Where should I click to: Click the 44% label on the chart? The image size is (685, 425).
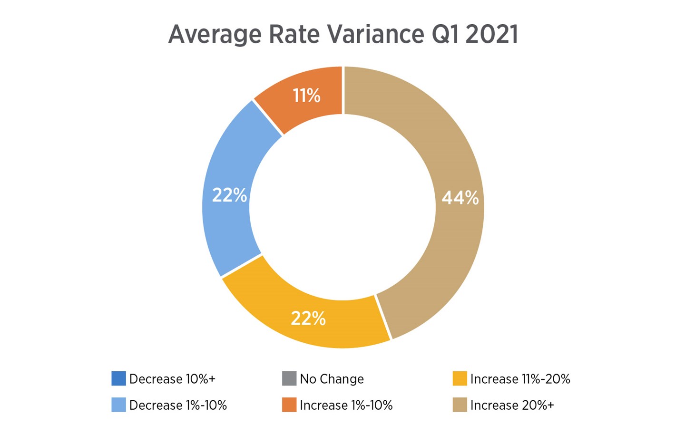pyautogui.click(x=460, y=198)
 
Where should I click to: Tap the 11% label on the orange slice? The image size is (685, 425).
pyautogui.click(x=306, y=96)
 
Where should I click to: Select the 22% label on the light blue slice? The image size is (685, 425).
pyautogui.click(x=229, y=195)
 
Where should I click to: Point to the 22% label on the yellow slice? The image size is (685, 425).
pyautogui.click(x=308, y=319)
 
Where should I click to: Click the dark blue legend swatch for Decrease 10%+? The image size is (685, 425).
pyautogui.click(x=118, y=379)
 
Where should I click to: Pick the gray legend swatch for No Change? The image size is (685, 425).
pyautogui.click(x=289, y=379)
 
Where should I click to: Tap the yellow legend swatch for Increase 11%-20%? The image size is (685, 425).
pyautogui.click(x=460, y=379)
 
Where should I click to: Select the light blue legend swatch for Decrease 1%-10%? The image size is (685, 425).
pyautogui.click(x=118, y=405)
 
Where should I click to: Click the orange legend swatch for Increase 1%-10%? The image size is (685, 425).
pyautogui.click(x=289, y=405)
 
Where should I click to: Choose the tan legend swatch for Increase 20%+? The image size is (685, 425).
pyautogui.click(x=460, y=405)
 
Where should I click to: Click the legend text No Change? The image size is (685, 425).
pyautogui.click(x=332, y=379)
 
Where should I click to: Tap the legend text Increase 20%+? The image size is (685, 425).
pyautogui.click(x=512, y=405)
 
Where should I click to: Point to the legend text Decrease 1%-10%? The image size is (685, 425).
pyautogui.click(x=178, y=405)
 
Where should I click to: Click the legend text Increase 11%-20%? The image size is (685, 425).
pyautogui.click(x=520, y=379)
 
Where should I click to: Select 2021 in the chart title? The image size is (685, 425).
pyautogui.click(x=491, y=34)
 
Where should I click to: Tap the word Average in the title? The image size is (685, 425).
pyautogui.click(x=215, y=34)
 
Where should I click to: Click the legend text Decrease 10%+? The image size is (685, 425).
pyautogui.click(x=172, y=379)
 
